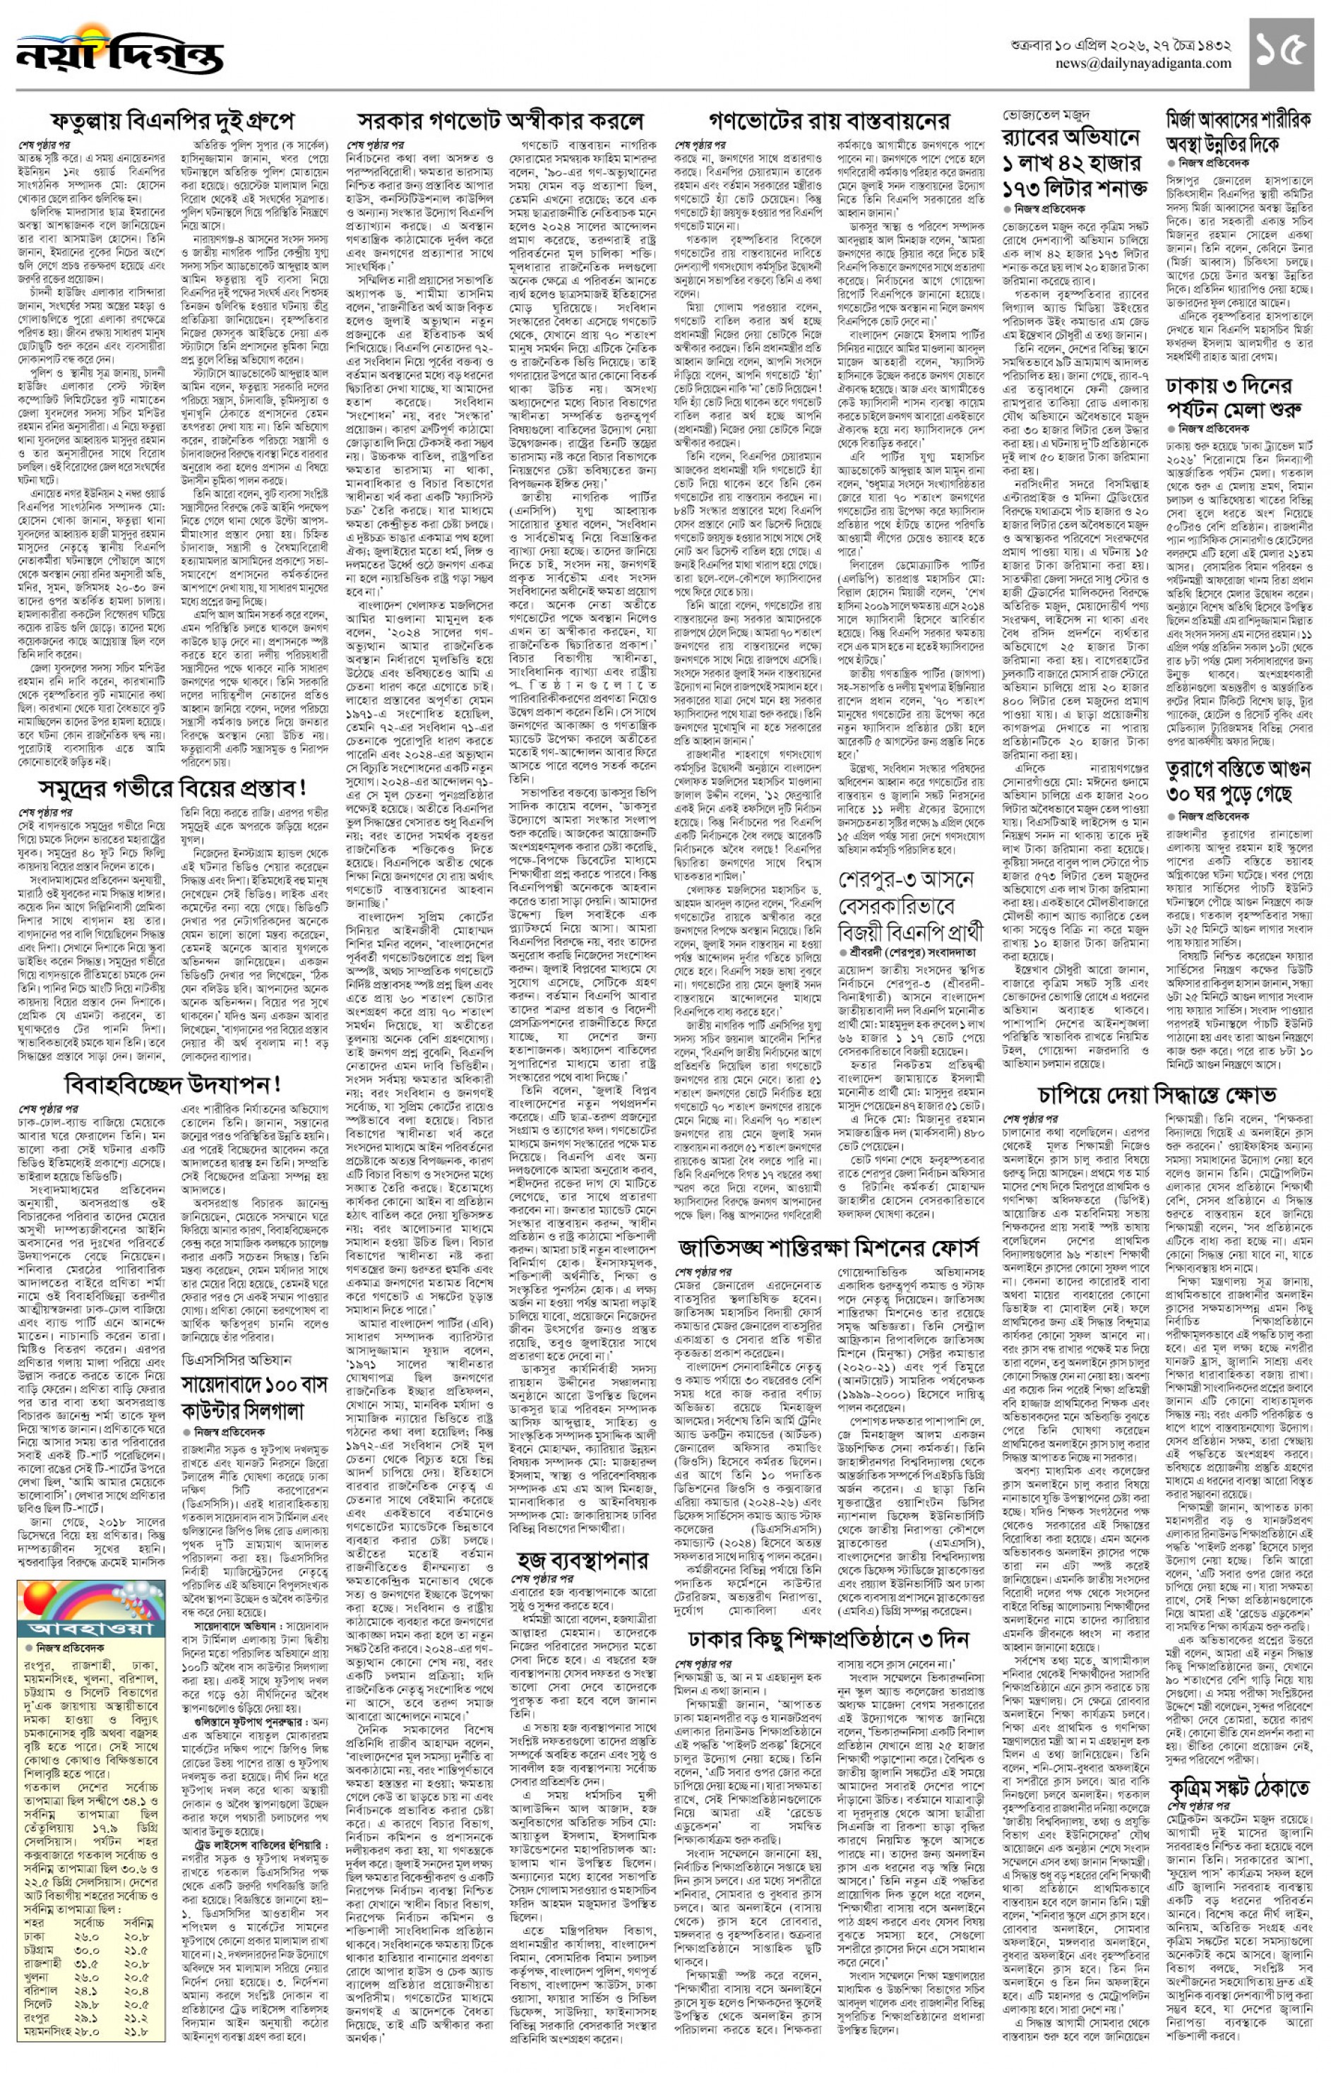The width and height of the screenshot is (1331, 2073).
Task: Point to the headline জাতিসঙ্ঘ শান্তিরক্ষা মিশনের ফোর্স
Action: (x=829, y=1247)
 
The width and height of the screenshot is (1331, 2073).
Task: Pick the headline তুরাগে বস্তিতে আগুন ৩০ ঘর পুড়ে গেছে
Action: (x=1239, y=780)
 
